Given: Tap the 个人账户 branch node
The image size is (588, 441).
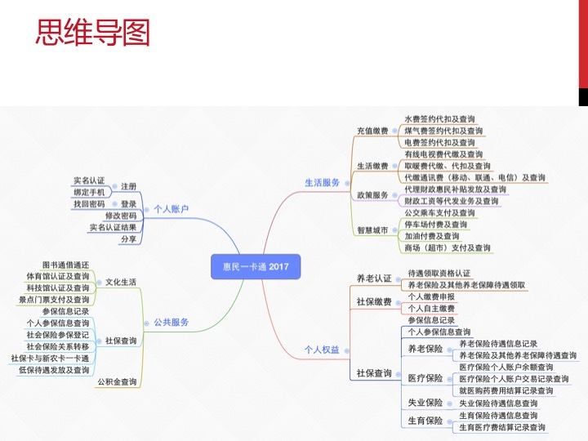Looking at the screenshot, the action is click(x=171, y=209).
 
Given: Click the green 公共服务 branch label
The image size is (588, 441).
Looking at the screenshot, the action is click(x=171, y=322).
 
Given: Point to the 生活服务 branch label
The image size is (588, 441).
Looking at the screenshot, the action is click(x=322, y=183).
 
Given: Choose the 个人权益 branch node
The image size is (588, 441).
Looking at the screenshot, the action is click(x=322, y=350).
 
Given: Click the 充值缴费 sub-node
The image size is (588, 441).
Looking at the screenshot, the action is click(x=372, y=130).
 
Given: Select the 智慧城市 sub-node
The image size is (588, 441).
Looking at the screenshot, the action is click(x=372, y=229).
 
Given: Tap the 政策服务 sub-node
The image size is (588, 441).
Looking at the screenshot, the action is click(x=372, y=195).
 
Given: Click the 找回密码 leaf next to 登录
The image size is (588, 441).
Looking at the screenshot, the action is click(x=89, y=204).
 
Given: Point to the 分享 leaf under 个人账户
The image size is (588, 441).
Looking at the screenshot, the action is click(x=128, y=239).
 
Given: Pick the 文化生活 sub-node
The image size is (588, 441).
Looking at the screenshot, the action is click(x=121, y=282).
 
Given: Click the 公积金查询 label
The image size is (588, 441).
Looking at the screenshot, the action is click(x=118, y=381).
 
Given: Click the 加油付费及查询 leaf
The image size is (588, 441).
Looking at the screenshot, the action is click(x=432, y=236).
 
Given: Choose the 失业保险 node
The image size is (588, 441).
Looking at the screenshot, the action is click(x=425, y=403).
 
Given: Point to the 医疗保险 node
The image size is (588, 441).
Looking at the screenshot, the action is click(x=425, y=378).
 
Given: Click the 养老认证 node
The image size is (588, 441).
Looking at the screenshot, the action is click(x=374, y=278).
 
